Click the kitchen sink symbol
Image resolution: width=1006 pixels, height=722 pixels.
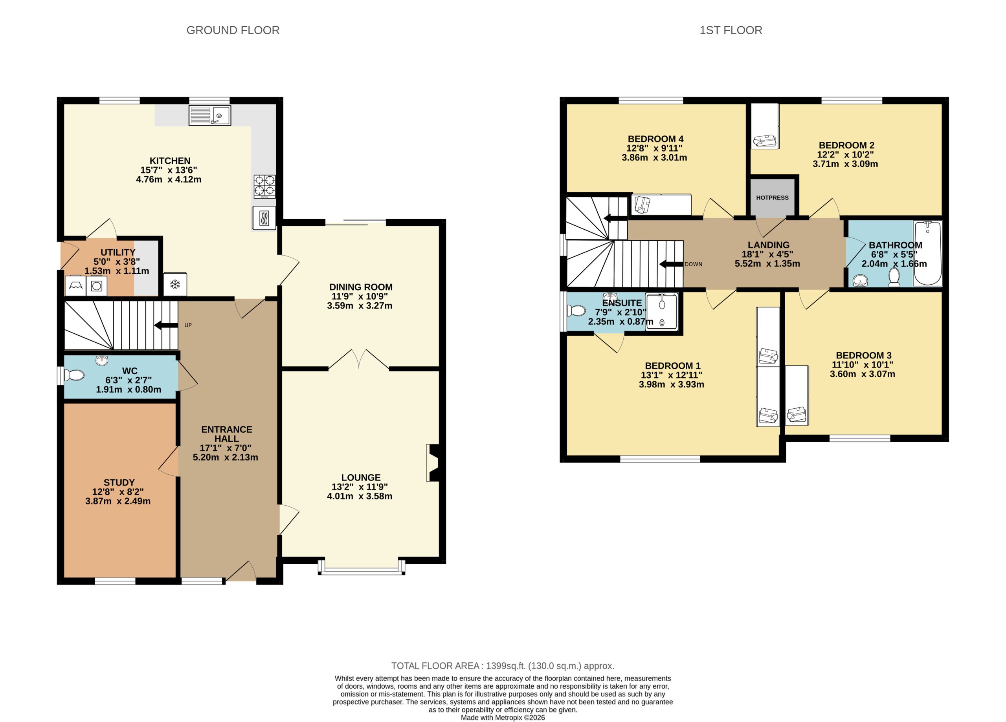click(209, 115)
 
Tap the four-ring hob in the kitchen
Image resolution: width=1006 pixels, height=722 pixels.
click(264, 186)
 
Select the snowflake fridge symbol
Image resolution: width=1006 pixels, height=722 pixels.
click(175, 284)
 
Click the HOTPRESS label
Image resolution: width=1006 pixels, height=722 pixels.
click(772, 197)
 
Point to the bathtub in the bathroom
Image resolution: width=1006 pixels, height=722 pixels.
click(927, 253)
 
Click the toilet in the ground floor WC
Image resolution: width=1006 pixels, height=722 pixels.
click(75, 375)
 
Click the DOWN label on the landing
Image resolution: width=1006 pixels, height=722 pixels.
click(693, 264)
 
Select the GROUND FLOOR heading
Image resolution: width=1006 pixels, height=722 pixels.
click(233, 30)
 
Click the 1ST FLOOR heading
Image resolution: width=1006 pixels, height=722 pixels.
click(731, 30)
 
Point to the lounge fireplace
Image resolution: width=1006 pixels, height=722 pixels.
click(433, 463)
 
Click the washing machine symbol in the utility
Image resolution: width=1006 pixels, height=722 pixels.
click(96, 286)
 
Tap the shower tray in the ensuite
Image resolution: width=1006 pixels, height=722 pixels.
click(661, 312)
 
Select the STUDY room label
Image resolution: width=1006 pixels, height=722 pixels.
click(119, 482)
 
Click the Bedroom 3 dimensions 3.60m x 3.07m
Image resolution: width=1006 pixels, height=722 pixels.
click(862, 374)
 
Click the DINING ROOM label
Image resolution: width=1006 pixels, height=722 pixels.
click(361, 287)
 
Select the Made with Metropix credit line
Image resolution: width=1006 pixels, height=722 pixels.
click(503, 717)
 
